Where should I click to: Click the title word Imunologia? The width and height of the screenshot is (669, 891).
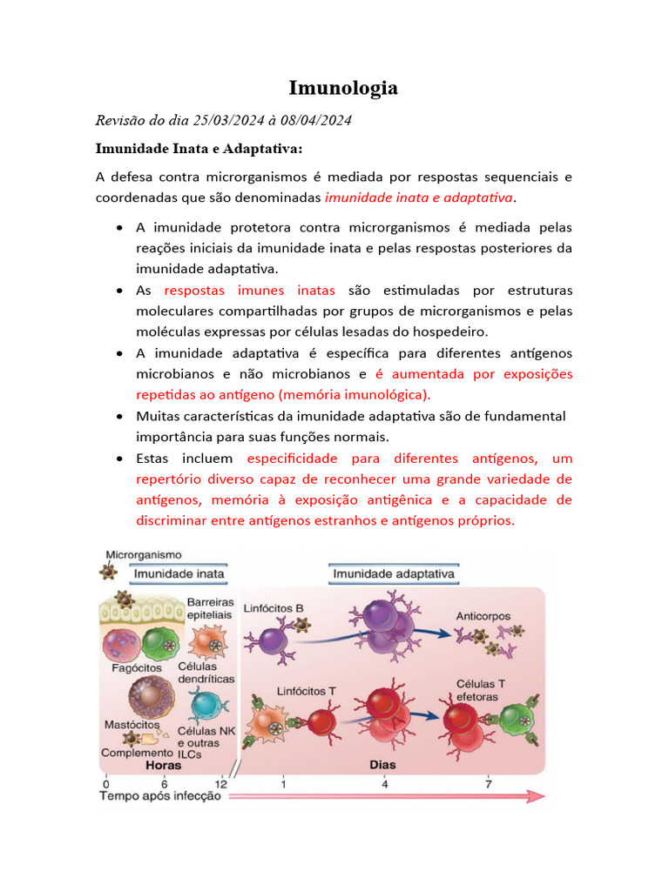pyautogui.click(x=343, y=88)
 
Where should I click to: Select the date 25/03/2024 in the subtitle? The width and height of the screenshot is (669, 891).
pyautogui.click(x=224, y=120)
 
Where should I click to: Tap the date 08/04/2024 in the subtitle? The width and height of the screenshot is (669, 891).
pyautogui.click(x=316, y=120)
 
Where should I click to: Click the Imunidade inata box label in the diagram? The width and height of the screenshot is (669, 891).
pyautogui.click(x=179, y=573)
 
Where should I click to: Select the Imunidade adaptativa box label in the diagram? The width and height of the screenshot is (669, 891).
pyautogui.click(x=395, y=573)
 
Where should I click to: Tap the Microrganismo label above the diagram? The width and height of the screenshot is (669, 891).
pyautogui.click(x=144, y=553)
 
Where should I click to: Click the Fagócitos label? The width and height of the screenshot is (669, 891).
pyautogui.click(x=136, y=667)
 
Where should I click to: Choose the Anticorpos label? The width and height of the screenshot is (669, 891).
pyautogui.click(x=483, y=616)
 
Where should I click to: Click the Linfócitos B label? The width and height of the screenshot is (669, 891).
pyautogui.click(x=274, y=607)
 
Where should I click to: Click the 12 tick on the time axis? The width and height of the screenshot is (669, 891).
pyautogui.click(x=221, y=781)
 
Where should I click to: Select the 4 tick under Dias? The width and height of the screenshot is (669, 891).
pyautogui.click(x=383, y=781)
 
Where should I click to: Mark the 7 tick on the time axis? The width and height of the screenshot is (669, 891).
pyautogui.click(x=488, y=781)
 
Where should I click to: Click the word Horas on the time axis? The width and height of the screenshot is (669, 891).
pyautogui.click(x=164, y=766)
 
